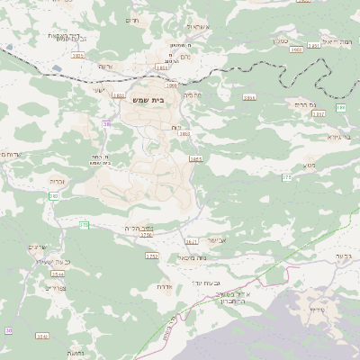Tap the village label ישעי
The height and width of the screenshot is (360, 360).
[x=99, y=90]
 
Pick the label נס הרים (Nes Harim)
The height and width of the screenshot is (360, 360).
[x=307, y=104]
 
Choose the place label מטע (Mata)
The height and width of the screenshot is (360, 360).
[x=310, y=166]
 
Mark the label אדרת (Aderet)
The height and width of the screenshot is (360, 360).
[x=165, y=286]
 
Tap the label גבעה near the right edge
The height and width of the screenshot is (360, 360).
[x=347, y=256]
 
